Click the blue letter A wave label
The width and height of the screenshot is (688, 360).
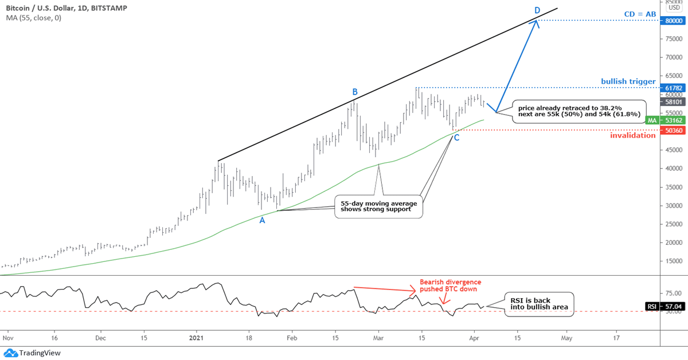262,220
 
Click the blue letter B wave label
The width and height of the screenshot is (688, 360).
355,92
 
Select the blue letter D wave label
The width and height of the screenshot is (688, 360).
537,10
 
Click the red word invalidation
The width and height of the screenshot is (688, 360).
633,135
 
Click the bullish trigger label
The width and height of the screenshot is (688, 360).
628,81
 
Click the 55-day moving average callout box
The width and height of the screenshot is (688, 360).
378,206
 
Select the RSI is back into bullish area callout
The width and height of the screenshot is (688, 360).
539,303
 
